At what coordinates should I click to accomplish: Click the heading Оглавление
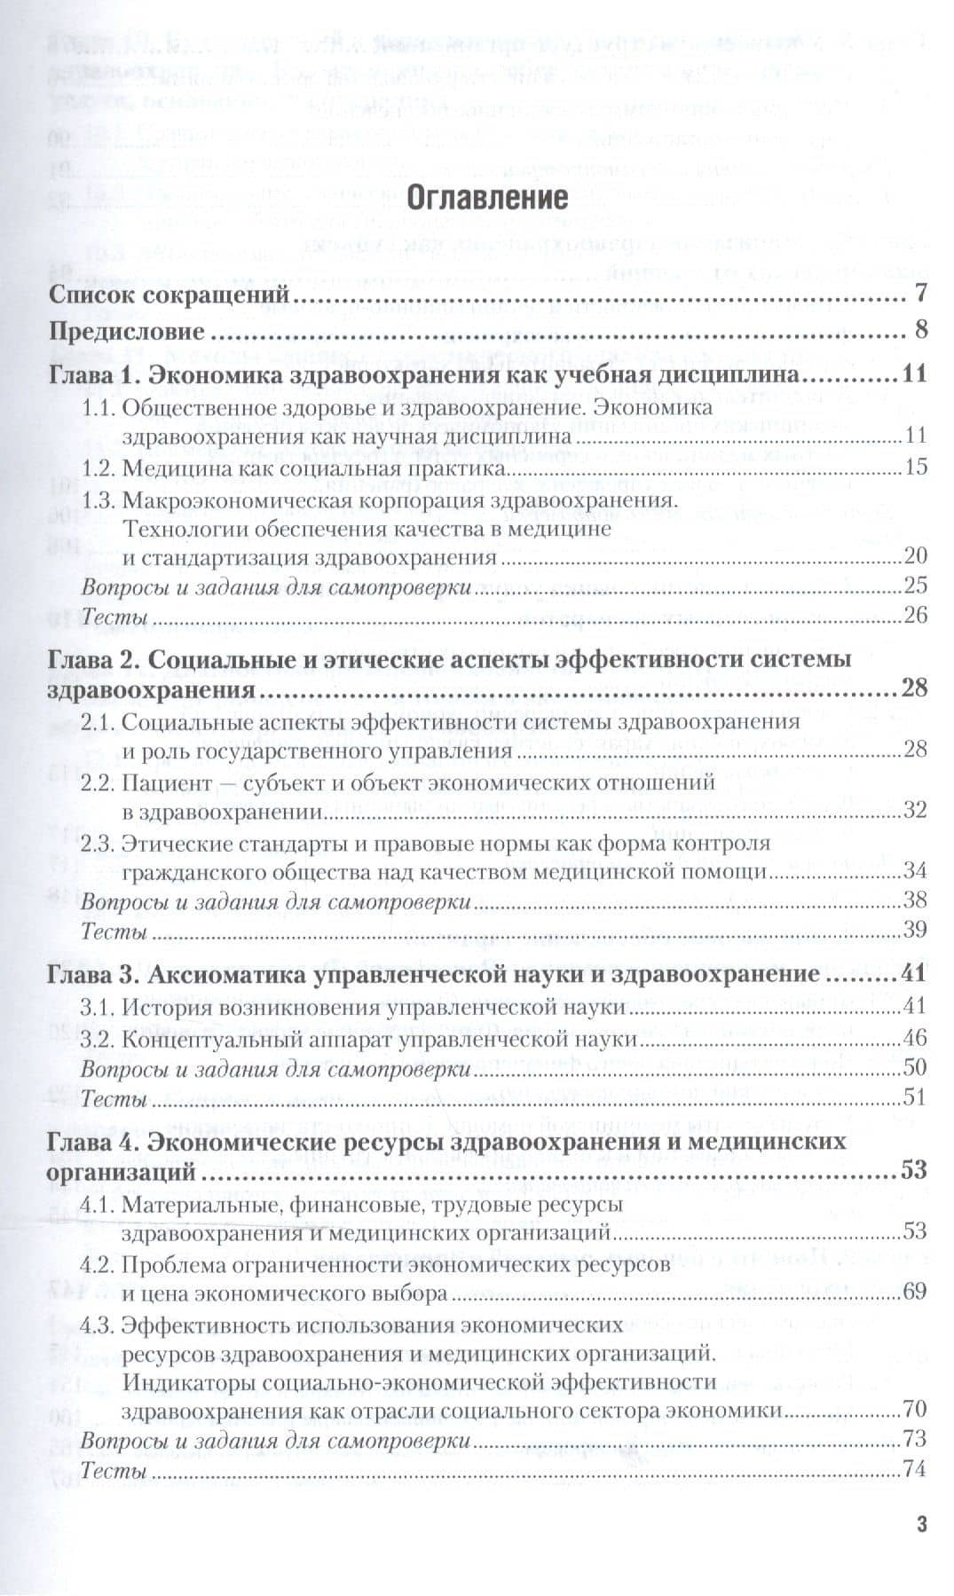[x=486, y=197]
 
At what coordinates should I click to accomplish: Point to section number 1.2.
[x=99, y=467]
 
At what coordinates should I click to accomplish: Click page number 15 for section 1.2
[x=915, y=467]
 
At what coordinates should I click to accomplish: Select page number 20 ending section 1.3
[x=915, y=557]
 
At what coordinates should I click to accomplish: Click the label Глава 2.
[x=90, y=659]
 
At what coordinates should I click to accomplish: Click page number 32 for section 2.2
[x=915, y=810]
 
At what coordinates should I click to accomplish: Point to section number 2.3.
[x=99, y=843]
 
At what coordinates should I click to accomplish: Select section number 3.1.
[x=99, y=1006]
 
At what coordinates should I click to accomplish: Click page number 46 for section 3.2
[x=915, y=1038]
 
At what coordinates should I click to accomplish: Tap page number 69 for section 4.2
[x=915, y=1292]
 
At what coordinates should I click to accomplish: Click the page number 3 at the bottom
[x=921, y=1524]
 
